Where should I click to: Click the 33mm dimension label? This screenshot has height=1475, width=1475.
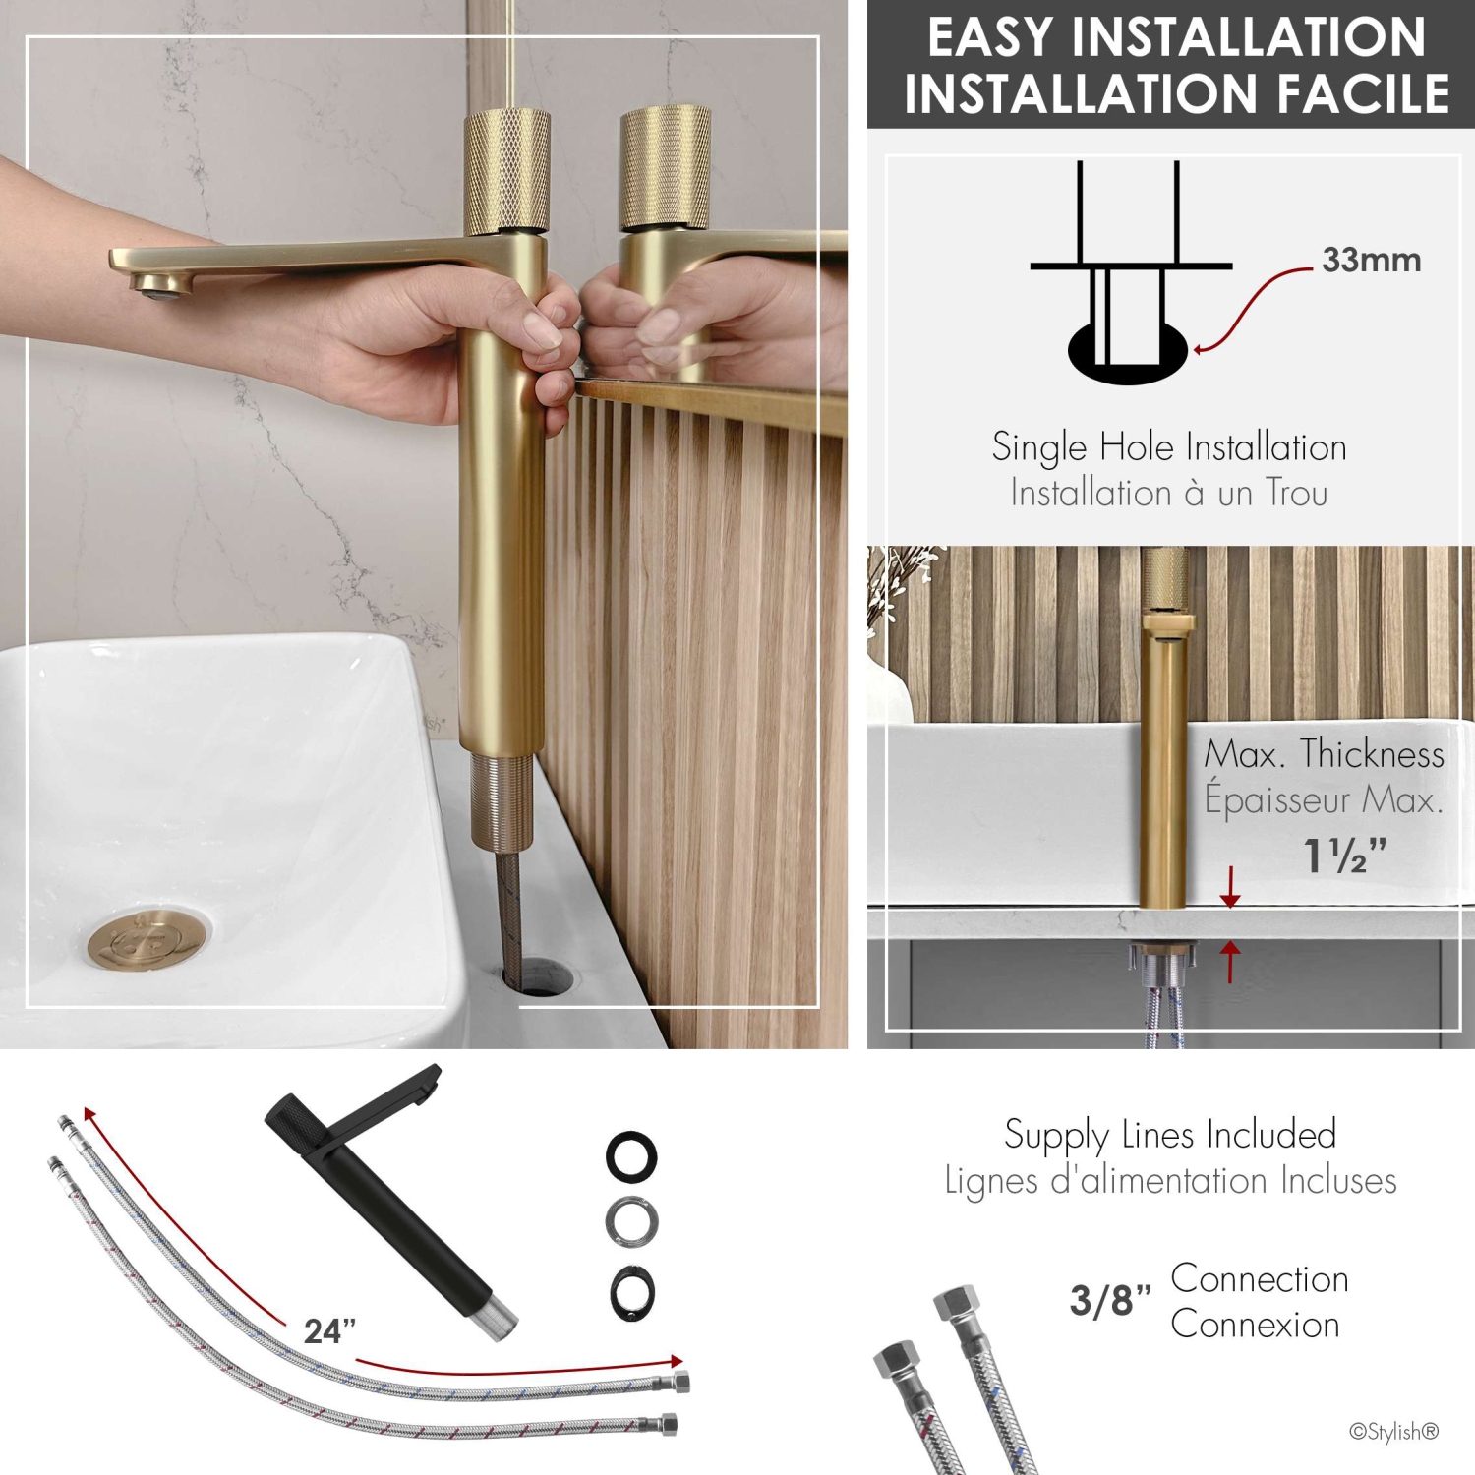tap(1371, 260)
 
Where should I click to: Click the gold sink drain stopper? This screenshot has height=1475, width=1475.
tap(148, 939)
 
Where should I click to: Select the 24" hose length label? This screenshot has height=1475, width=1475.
tap(329, 1330)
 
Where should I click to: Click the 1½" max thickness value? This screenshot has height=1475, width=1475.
tap(1343, 855)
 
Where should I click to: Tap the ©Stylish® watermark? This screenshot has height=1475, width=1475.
tap(1393, 1431)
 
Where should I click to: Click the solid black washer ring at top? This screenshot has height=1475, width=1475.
tap(631, 1156)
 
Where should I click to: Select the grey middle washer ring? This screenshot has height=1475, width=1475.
tap(631, 1222)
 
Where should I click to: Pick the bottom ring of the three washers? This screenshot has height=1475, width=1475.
tap(631, 1292)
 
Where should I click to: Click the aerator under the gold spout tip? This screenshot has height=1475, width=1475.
tap(157, 285)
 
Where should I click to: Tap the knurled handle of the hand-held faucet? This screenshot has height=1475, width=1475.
tap(506, 171)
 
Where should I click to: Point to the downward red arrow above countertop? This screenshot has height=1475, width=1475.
tap(1229, 887)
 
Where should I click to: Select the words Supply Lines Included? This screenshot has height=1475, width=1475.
tap(1170, 1134)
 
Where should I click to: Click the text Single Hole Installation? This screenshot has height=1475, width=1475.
tap(1168, 447)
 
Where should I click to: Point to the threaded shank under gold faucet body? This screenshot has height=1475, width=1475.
tap(501, 801)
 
